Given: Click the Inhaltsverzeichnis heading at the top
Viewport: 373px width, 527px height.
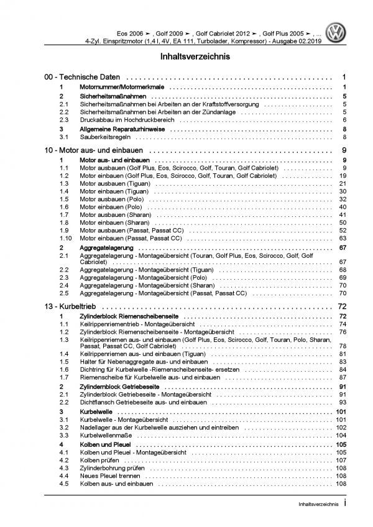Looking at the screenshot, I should [x=186, y=57].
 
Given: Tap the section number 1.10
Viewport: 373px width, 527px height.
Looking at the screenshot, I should [x=65, y=237].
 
